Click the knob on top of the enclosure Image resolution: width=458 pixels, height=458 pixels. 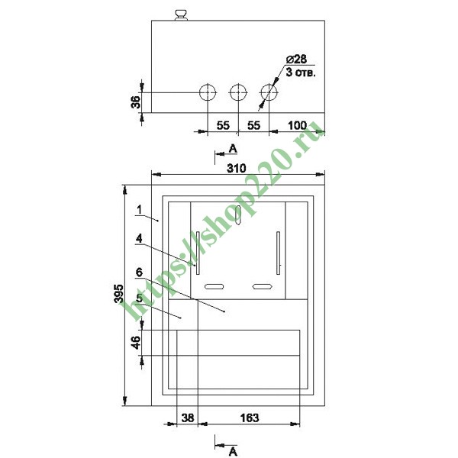tap(181, 15)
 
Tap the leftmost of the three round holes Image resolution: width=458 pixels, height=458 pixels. tap(208, 92)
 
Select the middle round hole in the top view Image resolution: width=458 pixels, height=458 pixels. tap(238, 92)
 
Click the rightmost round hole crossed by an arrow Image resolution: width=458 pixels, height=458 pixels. tap(269, 92)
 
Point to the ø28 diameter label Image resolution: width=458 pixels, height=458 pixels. tap(296, 59)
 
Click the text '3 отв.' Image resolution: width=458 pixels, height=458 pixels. tap(301, 73)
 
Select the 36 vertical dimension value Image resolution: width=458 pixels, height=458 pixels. tap(136, 102)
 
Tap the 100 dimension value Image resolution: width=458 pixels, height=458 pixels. tap(298, 126)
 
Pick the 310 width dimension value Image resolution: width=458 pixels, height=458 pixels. tap(237, 168)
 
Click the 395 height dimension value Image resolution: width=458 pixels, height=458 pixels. tap(119, 294)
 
